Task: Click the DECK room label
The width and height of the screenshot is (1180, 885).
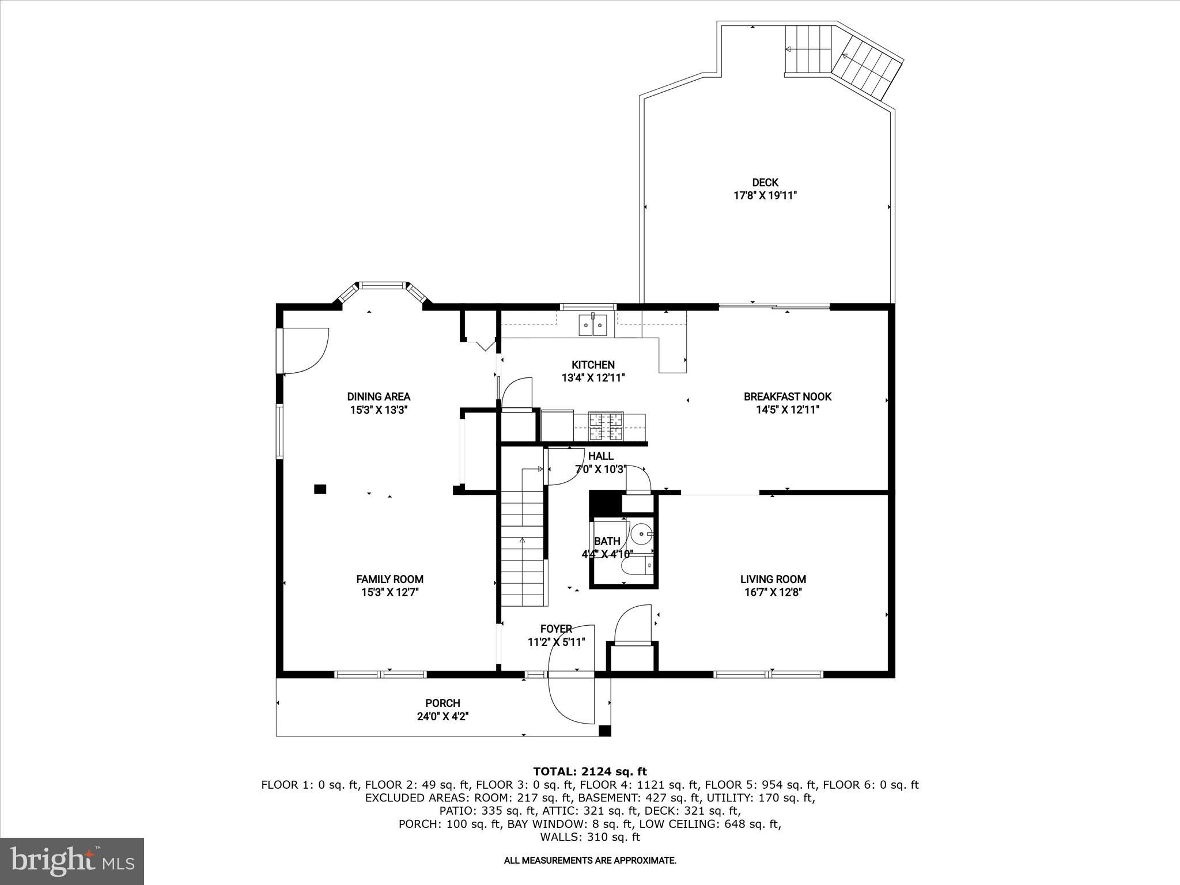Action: (765, 183)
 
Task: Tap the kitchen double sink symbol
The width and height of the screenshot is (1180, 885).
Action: (593, 326)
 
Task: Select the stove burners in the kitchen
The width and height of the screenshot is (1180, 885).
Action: (606, 426)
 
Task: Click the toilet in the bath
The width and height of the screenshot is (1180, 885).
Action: (638, 566)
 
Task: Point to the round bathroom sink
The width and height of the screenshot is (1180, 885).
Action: (641, 535)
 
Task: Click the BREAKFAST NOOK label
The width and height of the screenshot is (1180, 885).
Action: (787, 396)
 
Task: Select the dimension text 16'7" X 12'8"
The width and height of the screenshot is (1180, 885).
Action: (773, 592)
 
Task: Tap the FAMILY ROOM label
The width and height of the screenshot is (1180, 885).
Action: (389, 579)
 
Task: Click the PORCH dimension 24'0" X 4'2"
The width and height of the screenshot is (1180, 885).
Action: (442, 717)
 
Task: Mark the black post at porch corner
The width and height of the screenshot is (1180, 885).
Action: (604, 731)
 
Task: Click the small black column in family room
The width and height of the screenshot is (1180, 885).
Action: (320, 489)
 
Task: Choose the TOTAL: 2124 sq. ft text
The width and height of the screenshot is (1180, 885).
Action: (589, 771)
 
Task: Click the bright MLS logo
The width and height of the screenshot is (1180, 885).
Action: (72, 861)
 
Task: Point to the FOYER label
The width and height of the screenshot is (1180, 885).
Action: (556, 629)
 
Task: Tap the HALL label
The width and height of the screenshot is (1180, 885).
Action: (600, 456)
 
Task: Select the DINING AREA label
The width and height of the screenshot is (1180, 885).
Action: (379, 396)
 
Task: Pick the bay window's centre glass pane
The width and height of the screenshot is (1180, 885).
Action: (381, 285)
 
